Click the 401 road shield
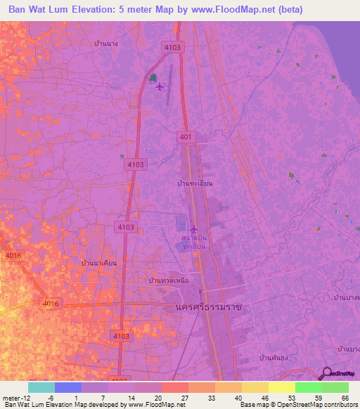(186, 137)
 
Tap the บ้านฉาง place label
(105, 43)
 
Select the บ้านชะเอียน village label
(195, 183)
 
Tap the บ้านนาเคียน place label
(99, 262)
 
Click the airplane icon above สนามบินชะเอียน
(194, 228)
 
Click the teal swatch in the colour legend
(41, 387)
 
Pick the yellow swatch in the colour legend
(282, 387)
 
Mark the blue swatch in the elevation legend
(68, 387)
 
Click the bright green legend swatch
(309, 387)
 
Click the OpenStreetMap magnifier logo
(326, 374)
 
